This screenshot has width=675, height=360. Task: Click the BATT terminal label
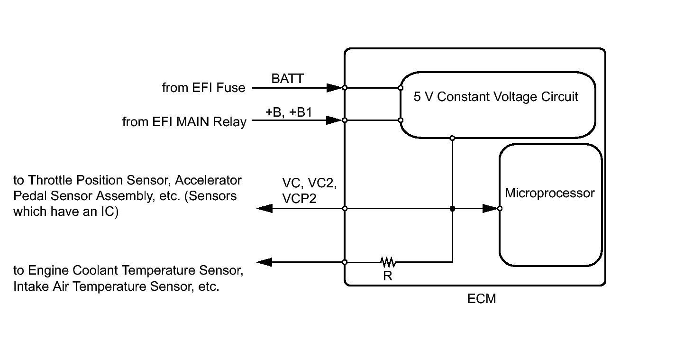(287, 79)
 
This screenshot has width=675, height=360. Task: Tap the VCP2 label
(299, 199)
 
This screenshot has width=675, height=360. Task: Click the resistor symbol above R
(388, 261)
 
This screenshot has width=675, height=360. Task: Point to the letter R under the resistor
(388, 276)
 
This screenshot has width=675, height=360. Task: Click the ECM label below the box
(482, 299)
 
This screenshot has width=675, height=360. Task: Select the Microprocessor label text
(549, 193)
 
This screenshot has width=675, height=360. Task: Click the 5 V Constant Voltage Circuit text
(496, 97)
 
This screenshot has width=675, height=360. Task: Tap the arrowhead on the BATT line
(334, 88)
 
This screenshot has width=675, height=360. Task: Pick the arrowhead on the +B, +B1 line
(334, 120)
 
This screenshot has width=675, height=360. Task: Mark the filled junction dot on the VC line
(452, 208)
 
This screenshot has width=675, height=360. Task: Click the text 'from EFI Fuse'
(204, 88)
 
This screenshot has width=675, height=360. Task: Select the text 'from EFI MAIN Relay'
(184, 122)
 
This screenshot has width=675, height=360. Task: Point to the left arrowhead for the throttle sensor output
(265, 208)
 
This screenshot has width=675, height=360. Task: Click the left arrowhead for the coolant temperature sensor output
(265, 262)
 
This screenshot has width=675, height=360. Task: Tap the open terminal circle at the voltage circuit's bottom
(452, 138)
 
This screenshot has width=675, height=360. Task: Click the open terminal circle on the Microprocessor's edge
(500, 208)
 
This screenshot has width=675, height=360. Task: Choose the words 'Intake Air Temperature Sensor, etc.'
(116, 286)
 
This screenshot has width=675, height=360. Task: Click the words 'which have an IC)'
(65, 211)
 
